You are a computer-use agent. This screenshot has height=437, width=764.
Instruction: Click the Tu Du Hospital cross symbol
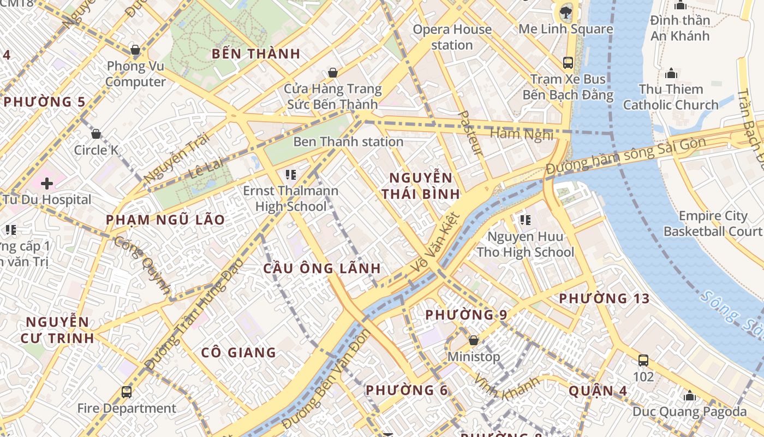(47, 184)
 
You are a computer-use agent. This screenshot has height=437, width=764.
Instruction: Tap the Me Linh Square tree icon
(565, 11)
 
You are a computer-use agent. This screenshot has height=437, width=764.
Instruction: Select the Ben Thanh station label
(348, 142)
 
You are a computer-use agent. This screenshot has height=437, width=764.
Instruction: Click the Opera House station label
(452, 37)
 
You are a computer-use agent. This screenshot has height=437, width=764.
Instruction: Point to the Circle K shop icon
(96, 134)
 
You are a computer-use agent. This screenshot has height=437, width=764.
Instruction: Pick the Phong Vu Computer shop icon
(135, 51)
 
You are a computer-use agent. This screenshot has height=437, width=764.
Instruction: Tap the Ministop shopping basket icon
(474, 340)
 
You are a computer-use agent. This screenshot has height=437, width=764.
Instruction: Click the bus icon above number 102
(643, 361)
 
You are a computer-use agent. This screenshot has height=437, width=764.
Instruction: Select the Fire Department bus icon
(127, 392)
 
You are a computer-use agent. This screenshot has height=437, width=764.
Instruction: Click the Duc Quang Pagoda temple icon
(690, 395)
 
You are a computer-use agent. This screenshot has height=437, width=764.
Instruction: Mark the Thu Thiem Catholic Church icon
(671, 73)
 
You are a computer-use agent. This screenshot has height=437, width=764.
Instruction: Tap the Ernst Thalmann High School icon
(291, 175)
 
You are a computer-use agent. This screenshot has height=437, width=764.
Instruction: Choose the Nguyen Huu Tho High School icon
(525, 220)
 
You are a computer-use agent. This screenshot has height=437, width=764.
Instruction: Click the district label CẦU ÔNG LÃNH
(322, 269)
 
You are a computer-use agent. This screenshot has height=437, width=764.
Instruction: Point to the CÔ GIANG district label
(238, 353)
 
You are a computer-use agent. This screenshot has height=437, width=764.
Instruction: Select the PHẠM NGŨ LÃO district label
(165, 220)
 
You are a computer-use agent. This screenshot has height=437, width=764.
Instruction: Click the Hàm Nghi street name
(521, 134)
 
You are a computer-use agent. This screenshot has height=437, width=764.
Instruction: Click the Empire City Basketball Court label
(712, 223)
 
